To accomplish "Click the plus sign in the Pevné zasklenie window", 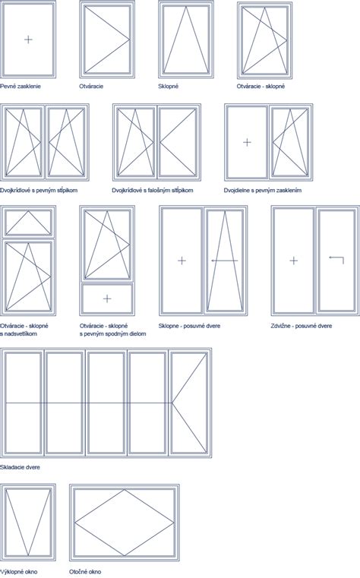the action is click(28, 39).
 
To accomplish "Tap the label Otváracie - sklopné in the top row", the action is click(261, 87).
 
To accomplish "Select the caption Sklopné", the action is click(169, 87).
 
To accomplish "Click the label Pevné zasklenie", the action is click(21, 87).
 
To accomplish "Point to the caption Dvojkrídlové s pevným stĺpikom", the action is click(39, 190).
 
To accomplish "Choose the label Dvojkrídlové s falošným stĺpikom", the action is click(153, 190).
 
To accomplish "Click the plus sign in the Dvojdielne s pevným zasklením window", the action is click(248, 142).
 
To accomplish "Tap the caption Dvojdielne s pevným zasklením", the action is click(263, 190).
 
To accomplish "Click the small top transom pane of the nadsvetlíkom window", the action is click(28, 223).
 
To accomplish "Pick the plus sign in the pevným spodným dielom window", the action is click(107, 298).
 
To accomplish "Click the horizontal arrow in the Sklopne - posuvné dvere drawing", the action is click(225, 261).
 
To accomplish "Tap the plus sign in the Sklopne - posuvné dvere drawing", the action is click(182, 261).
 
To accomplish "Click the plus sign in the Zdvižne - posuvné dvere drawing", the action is click(294, 261).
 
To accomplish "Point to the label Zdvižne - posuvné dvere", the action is click(302, 326).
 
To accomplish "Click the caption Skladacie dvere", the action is click(20, 467).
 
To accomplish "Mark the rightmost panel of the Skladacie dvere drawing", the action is click(189, 403).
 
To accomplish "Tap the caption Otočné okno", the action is click(85, 572).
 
